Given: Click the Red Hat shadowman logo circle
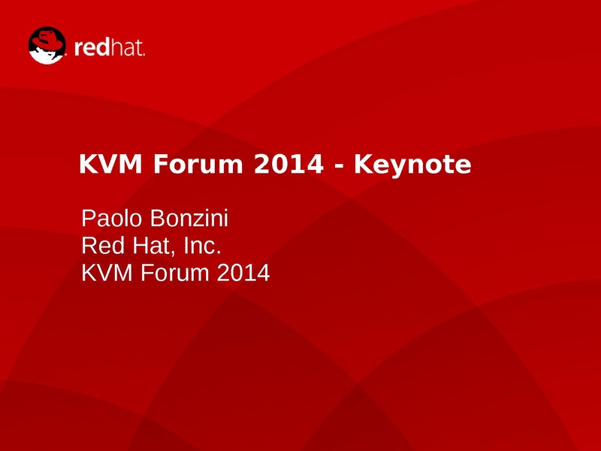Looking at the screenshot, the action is (x=47, y=46).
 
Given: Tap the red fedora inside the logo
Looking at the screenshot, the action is (x=47, y=41).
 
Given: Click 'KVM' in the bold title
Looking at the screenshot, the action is (x=110, y=164).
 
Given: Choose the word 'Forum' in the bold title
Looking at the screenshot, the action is (x=198, y=164).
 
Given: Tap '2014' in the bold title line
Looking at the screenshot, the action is (x=288, y=164).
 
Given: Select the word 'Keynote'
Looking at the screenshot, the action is (x=412, y=165).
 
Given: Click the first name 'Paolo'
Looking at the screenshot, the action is (x=111, y=218).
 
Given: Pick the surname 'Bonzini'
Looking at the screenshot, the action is (x=189, y=218).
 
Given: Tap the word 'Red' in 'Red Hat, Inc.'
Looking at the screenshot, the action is (x=103, y=246).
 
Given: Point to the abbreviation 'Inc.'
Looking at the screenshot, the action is (x=202, y=246).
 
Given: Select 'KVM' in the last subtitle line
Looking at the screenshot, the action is (x=107, y=273).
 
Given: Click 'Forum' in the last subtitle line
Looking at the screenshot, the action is (x=175, y=273).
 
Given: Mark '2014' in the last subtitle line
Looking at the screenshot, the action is (x=243, y=273).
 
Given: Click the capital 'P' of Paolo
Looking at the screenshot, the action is (x=88, y=218).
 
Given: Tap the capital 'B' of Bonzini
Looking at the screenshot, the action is (x=157, y=218).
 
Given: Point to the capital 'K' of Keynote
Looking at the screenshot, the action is (x=363, y=164).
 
